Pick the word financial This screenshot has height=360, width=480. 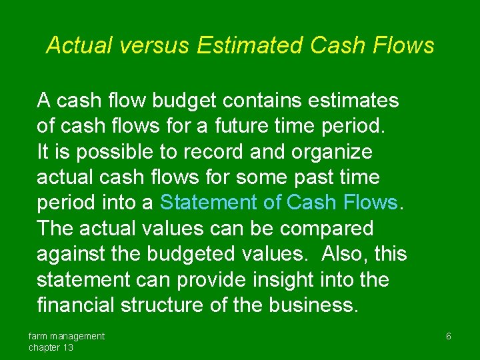point(75,305)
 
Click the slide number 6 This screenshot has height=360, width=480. point(449,337)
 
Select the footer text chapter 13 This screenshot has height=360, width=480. point(51,347)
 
